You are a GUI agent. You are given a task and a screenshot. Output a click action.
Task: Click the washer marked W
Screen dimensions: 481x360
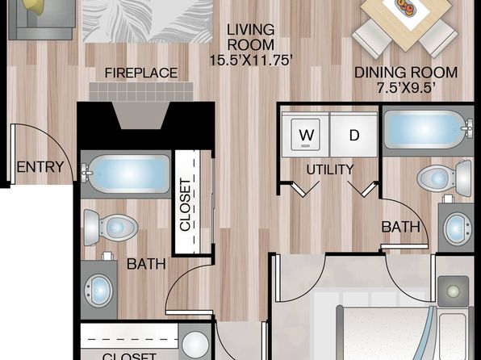click(x=306, y=135)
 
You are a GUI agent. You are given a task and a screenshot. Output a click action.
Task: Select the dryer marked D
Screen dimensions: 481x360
click(x=354, y=135)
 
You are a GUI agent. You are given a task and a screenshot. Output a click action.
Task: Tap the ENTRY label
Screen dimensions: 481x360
click(x=40, y=167)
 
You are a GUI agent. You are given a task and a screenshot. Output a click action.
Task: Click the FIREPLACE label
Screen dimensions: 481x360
click(x=141, y=73)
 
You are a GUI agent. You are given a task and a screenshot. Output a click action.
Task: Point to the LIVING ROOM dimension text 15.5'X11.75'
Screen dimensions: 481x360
click(x=250, y=60)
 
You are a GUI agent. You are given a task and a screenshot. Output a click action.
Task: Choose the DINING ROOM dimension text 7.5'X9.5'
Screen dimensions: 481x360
click(x=406, y=88)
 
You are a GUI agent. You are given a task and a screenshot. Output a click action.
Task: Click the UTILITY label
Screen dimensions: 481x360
click(x=330, y=170)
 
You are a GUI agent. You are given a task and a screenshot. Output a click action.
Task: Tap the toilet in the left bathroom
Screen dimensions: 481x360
click(x=111, y=228)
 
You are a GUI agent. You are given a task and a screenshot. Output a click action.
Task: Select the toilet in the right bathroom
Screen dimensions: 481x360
click(x=444, y=178)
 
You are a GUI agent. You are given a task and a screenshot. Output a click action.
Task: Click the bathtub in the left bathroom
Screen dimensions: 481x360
click(x=127, y=174)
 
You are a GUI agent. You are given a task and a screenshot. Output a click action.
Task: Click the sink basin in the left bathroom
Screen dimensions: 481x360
click(x=98, y=291)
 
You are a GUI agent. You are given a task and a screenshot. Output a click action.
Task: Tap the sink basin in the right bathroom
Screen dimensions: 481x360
click(x=457, y=228)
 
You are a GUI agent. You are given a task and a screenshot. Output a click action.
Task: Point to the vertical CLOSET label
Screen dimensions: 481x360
click(x=186, y=205)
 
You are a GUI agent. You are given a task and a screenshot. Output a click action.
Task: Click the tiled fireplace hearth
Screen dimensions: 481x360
click(x=141, y=91)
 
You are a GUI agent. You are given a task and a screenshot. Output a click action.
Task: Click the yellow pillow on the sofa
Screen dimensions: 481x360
click(x=36, y=6)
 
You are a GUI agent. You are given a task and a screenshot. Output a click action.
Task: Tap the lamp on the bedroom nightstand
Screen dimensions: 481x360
click(x=453, y=291)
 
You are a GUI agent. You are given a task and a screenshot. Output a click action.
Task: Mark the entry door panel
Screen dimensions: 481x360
click(x=13, y=154)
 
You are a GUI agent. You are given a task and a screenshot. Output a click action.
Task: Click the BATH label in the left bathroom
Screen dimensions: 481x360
click(x=146, y=264)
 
